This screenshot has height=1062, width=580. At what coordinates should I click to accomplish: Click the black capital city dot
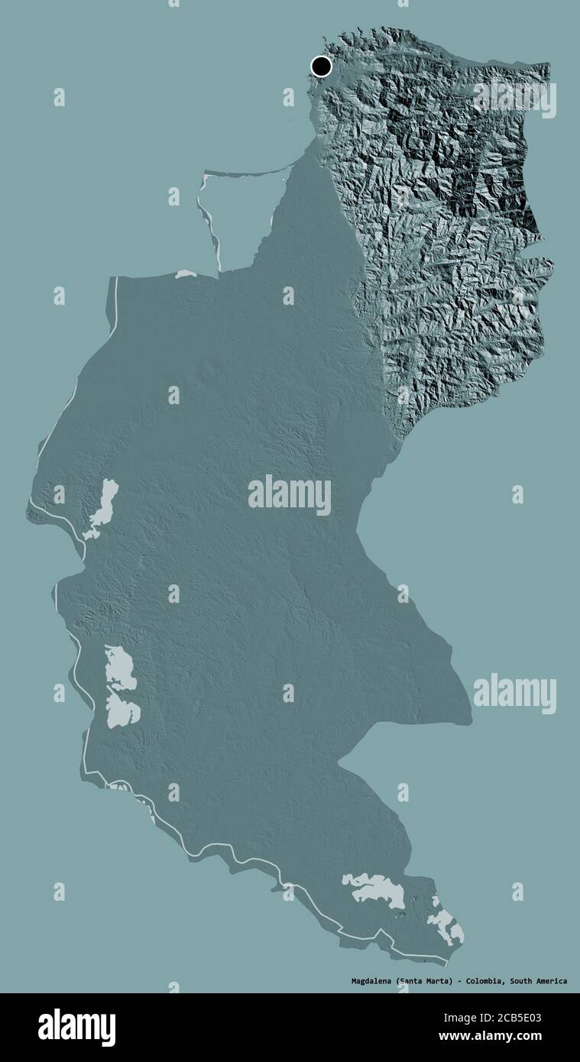point(322,66)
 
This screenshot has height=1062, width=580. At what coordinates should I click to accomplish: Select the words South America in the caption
point(539,980)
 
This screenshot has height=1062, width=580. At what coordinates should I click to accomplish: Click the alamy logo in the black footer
point(76,1028)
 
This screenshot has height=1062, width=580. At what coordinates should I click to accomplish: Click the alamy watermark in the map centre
point(290,495)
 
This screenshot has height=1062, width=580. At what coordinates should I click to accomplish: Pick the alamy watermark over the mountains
point(514,98)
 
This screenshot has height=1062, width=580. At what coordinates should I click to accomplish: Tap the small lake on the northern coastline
point(186,274)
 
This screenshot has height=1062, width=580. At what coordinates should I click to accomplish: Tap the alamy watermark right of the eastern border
point(514,693)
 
